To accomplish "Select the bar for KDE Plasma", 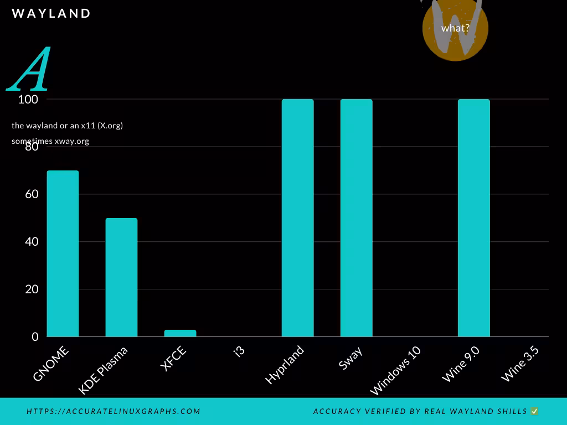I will coord(121,277).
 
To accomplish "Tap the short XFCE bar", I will coord(180,333).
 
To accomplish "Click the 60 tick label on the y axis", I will coord(31,194).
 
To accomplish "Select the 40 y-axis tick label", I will coord(31,242).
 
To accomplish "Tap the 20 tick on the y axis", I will coord(31,289).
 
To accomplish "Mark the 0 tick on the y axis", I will coord(35,336).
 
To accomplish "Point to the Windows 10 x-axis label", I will coord(395,371).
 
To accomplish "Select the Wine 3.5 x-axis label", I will coord(520,364).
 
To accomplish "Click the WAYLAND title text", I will coord(51,13).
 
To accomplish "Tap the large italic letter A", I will coord(30,70).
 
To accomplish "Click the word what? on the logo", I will coord(455,28).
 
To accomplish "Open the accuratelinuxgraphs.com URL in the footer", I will coord(114,411).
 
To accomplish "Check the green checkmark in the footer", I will coord(534,411).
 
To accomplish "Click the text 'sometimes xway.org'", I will coord(50,141).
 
